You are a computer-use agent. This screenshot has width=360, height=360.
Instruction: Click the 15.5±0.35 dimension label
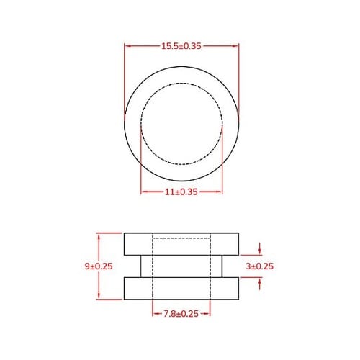tap(181, 45)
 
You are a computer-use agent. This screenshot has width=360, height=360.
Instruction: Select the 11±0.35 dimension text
tap(181, 192)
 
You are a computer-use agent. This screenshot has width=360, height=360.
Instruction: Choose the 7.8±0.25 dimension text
tap(181, 313)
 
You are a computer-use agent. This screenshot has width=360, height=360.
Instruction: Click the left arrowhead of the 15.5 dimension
tap(127, 45)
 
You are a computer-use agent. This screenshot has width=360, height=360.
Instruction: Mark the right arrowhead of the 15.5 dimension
tap(235, 45)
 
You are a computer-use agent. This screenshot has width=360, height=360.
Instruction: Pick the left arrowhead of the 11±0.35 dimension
tap(143, 192)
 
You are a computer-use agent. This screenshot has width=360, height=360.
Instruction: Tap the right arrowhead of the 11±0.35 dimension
tap(220, 192)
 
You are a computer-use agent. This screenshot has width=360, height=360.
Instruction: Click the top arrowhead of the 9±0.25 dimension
tap(99, 235)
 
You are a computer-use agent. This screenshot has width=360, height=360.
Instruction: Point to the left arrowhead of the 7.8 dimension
tap(156, 313)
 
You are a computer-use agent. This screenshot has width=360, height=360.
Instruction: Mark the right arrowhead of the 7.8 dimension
tap(207, 313)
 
